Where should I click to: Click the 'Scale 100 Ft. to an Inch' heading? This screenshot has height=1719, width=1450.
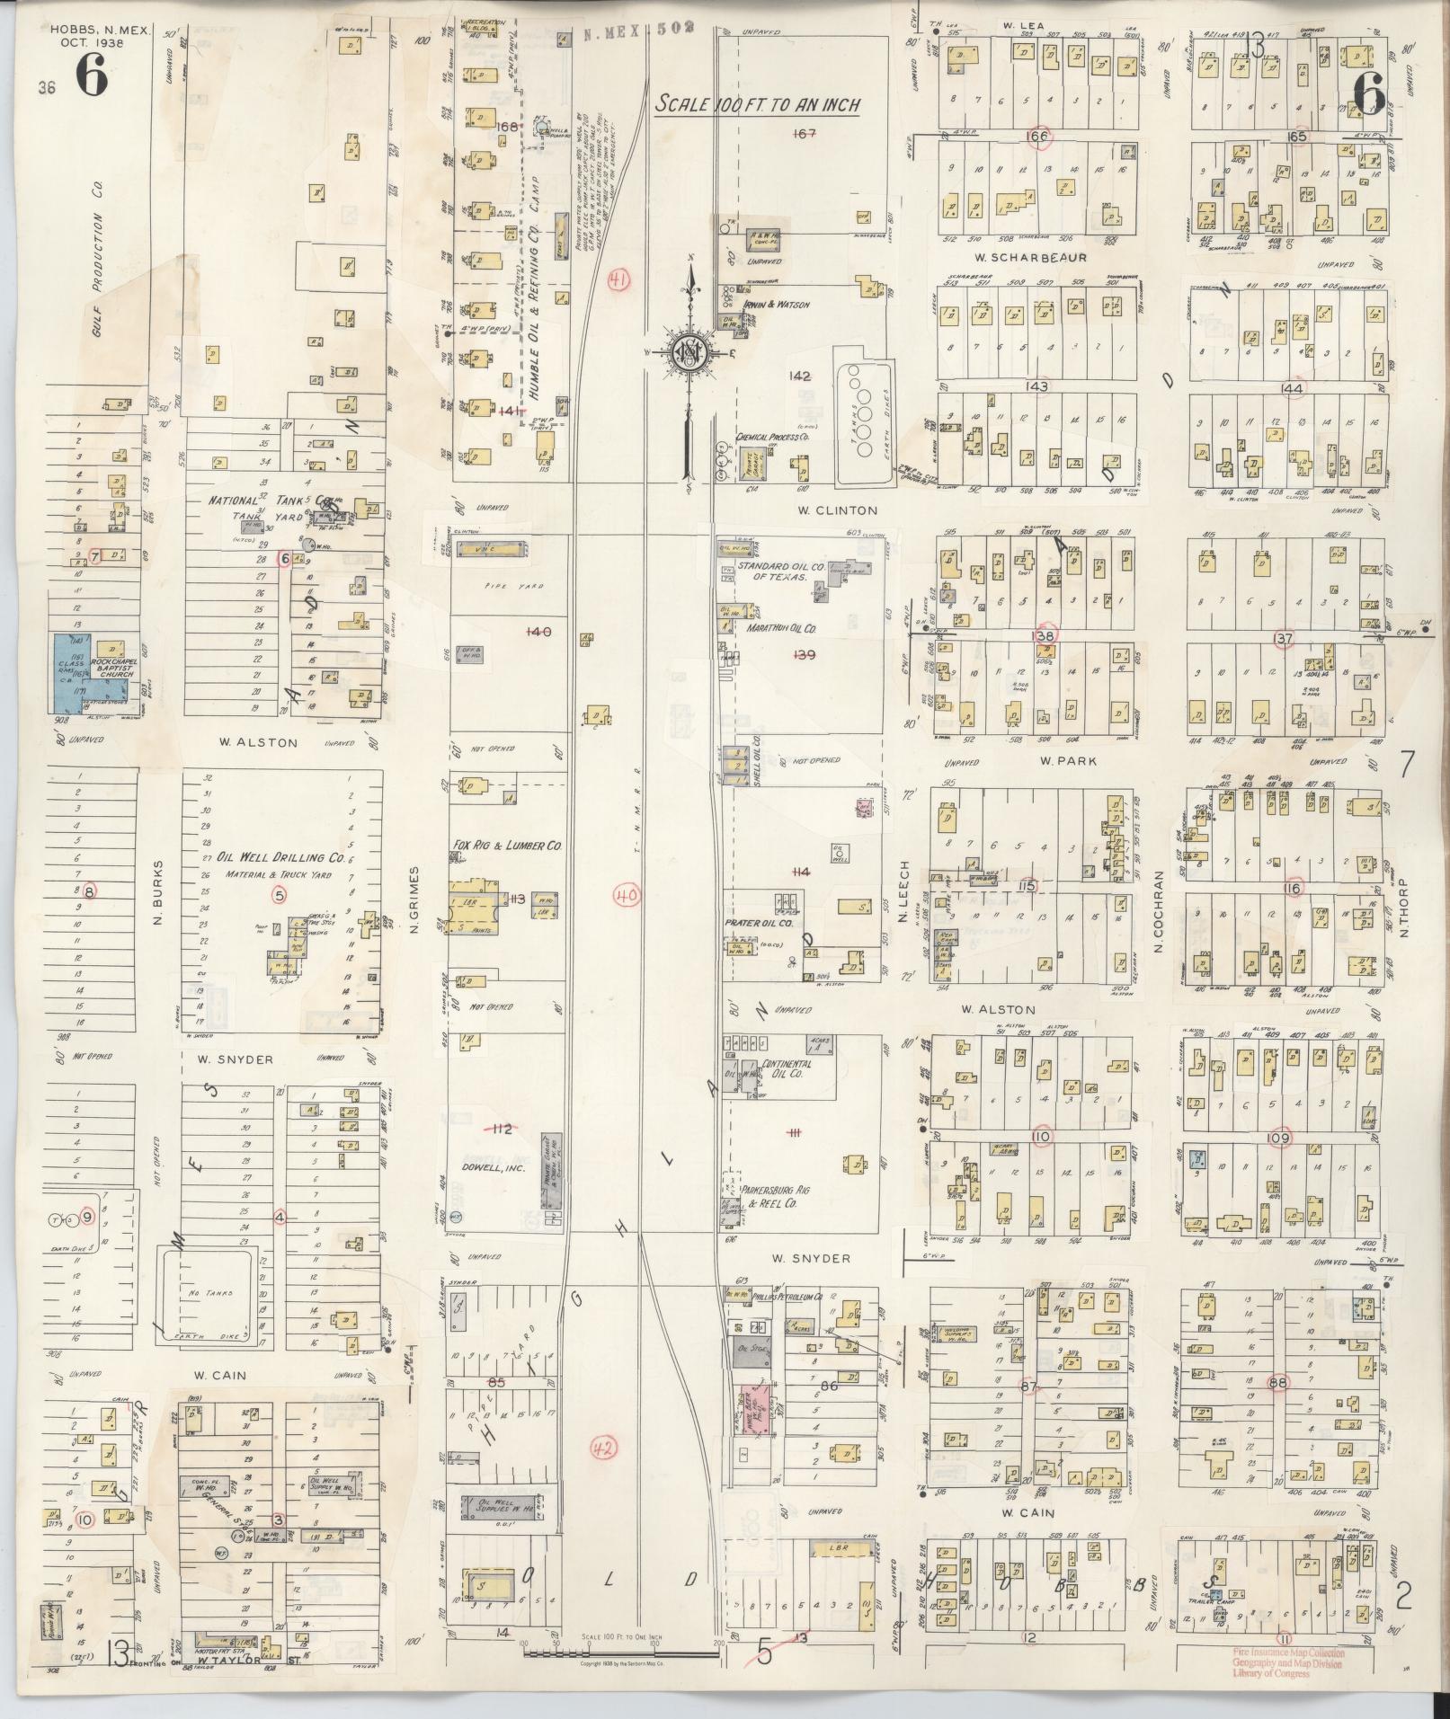click(x=757, y=104)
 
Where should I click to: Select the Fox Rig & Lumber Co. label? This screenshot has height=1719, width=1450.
click(x=508, y=846)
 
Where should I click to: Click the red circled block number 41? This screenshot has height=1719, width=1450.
click(x=618, y=281)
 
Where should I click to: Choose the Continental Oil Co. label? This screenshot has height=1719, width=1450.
click(x=787, y=1068)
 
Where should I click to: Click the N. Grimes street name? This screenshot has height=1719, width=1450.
click(x=415, y=899)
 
